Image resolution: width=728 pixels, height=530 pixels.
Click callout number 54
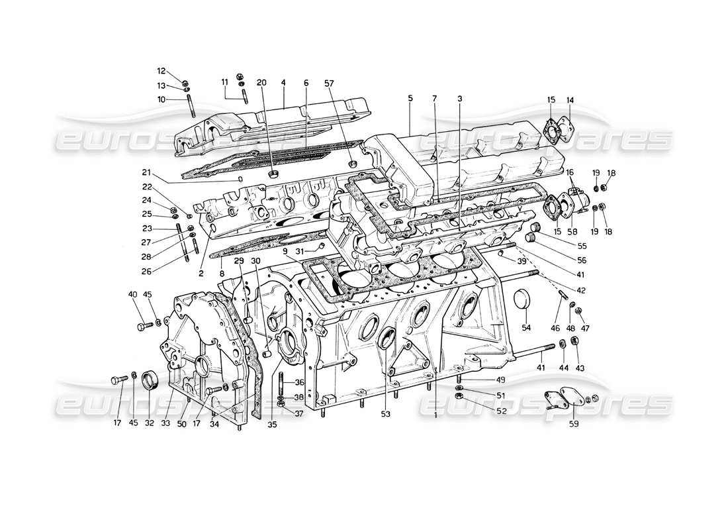pyautogui.click(x=526, y=328)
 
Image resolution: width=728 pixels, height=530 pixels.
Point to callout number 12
pyautogui.click(x=161, y=71)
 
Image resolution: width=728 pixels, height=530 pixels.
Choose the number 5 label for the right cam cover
pyautogui.click(x=410, y=99)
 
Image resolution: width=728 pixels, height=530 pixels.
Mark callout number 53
pyautogui.click(x=385, y=414)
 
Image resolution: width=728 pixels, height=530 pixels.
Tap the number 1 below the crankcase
pyautogui.click(x=435, y=415)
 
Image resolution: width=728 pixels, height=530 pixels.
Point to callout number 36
pyautogui.click(x=281, y=382)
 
